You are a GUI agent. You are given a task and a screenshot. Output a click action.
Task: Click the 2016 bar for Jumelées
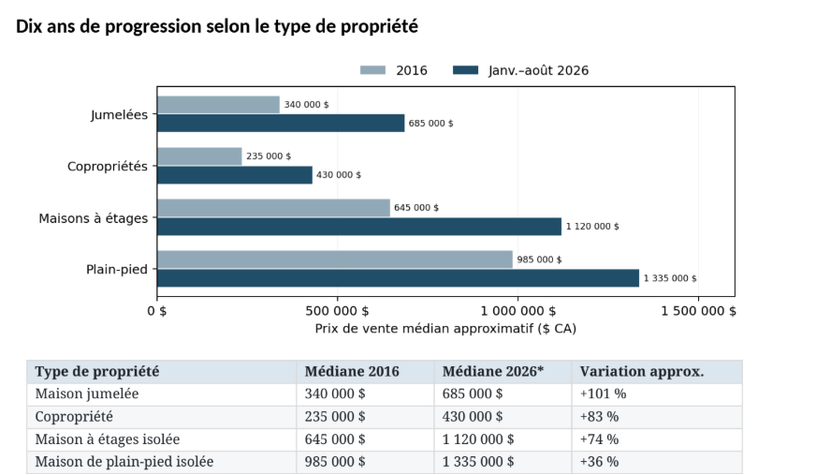pos(218,105)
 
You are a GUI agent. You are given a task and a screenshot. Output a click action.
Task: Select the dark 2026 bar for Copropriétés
pos(235,175)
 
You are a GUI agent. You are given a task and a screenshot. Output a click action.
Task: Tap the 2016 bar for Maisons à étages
pos(273,208)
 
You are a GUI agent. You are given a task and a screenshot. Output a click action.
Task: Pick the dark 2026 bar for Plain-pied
pos(398,278)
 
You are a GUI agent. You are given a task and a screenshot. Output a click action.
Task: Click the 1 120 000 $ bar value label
pos(592,227)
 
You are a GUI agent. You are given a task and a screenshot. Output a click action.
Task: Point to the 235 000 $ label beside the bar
pos(269,156)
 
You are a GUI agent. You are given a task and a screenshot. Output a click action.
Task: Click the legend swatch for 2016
pos(372,70)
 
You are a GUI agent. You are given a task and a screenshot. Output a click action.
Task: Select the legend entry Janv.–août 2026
pos(520,70)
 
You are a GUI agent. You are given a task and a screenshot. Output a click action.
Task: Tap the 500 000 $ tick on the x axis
pos(337,311)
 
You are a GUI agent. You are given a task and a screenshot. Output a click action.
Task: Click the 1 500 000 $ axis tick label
pos(698,311)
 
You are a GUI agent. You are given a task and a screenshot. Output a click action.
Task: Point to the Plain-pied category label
pos(117,270)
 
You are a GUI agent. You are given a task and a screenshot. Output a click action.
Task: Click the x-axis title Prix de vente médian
pos(445,329)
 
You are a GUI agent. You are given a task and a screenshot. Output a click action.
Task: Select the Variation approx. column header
pos(642,372)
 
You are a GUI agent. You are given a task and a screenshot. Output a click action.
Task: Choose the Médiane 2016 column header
pos(352,372)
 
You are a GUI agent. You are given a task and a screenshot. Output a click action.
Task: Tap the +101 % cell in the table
pos(603,394)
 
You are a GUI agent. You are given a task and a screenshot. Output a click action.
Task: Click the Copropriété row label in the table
pos(74,417)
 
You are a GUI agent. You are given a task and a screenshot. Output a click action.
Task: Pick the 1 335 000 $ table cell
pos(478,462)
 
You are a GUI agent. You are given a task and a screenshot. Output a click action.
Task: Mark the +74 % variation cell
pos(599,439)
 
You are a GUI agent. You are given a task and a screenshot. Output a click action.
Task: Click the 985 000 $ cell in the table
pos(335,462)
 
